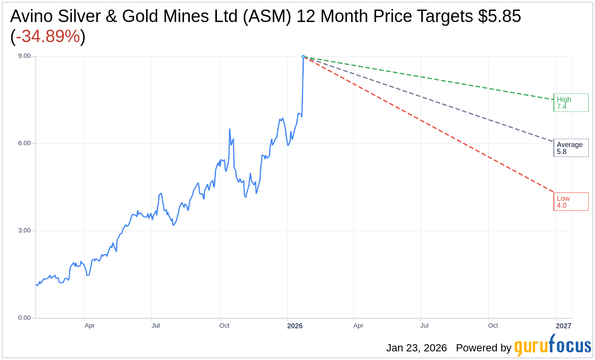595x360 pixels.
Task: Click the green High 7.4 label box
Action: click(571, 102)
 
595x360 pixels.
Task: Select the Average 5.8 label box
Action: click(571, 148)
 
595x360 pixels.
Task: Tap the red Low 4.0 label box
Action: click(571, 202)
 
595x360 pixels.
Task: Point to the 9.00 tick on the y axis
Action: click(24, 56)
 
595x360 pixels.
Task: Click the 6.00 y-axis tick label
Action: click(24, 143)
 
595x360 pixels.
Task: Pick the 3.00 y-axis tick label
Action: click(24, 230)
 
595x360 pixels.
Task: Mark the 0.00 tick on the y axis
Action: click(24, 318)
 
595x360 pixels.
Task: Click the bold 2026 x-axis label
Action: click(295, 326)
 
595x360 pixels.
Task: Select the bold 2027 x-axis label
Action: click(563, 326)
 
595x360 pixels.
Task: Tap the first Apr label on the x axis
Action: click(90, 326)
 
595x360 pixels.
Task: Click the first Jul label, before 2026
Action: click(156, 326)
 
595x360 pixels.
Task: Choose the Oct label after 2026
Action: click(493, 326)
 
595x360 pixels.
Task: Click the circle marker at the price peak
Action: click(303, 56)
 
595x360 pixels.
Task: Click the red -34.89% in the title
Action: click(48, 36)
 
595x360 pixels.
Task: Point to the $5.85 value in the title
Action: click(500, 16)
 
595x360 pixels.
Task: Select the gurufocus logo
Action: click(552, 346)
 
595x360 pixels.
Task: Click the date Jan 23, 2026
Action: click(416, 348)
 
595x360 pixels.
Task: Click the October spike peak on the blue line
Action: click(230, 129)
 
